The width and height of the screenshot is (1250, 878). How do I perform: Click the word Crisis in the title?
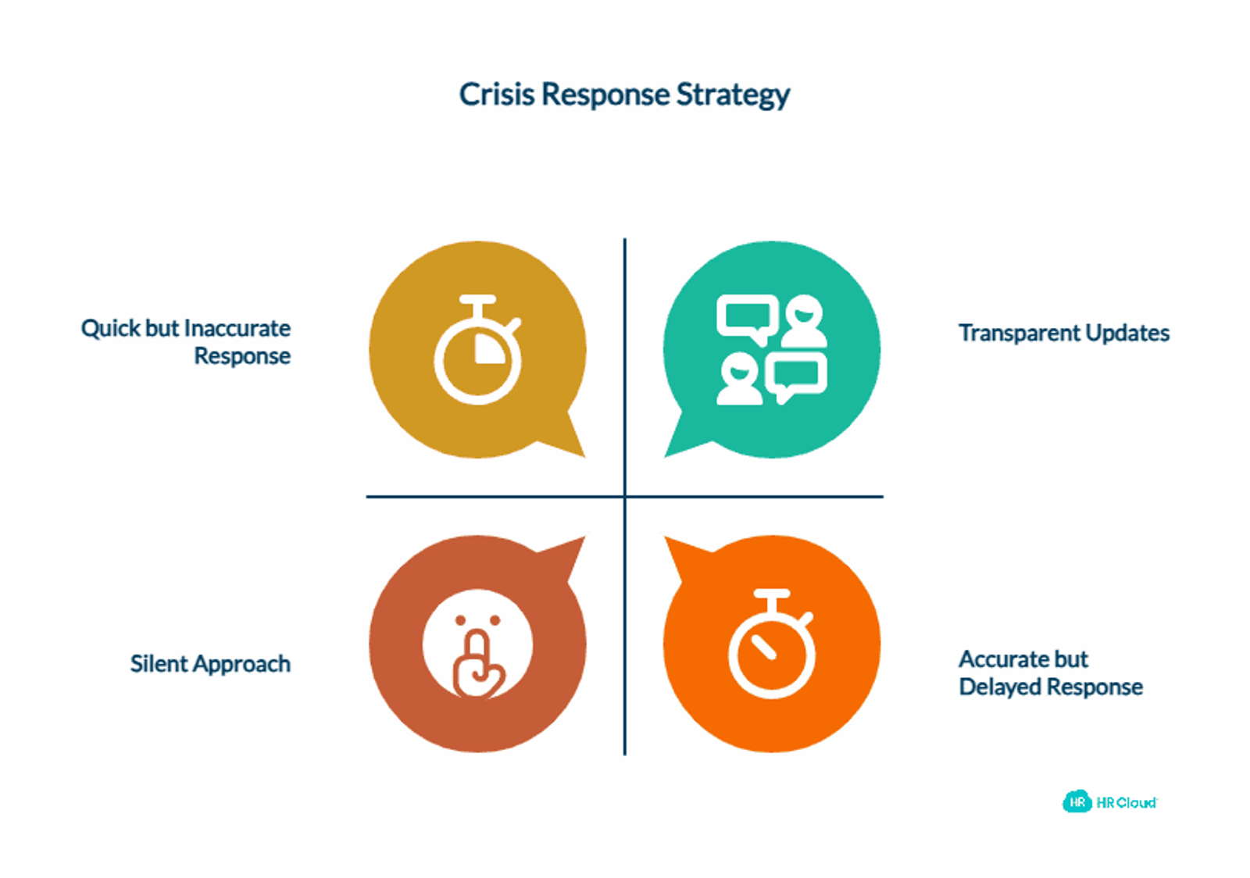pos(497,94)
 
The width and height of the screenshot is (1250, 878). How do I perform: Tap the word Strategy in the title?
pos(734,95)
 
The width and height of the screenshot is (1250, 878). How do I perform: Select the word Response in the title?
pos(605,95)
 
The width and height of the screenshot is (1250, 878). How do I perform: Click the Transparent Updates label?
pos(1064,333)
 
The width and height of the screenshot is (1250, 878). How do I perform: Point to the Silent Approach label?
pos(210,664)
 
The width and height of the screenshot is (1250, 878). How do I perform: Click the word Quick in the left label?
pos(110,329)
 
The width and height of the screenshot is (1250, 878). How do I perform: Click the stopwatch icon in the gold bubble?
pos(477,349)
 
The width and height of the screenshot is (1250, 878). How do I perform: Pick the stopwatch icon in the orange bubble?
pos(772,644)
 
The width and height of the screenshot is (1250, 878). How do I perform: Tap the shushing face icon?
pos(477,644)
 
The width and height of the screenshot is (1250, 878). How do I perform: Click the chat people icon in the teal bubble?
pos(772,350)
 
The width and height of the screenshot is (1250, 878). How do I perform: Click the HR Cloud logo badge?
pos(1077,802)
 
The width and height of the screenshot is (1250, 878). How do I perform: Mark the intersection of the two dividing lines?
pos(624,496)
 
